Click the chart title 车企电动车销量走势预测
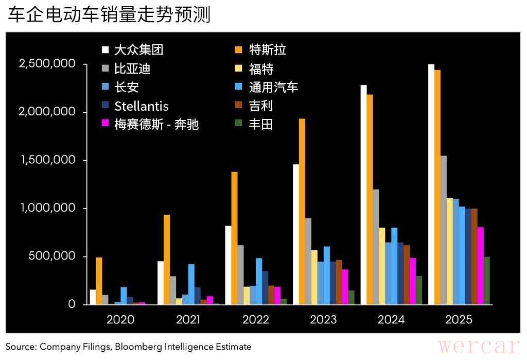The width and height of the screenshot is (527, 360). pyautogui.click(x=109, y=15)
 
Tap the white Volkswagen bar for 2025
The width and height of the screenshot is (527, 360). pyautogui.click(x=431, y=184)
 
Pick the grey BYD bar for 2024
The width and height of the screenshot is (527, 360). pyautogui.click(x=376, y=247)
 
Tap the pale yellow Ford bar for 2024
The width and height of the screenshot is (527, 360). pyautogui.click(x=382, y=266)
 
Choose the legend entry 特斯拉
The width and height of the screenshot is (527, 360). pyautogui.click(x=267, y=49)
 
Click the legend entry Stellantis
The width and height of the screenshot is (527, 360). pyautogui.click(x=141, y=106)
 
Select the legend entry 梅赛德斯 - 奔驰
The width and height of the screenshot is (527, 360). pyautogui.click(x=156, y=124)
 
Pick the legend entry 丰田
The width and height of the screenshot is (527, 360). pyautogui.click(x=260, y=124)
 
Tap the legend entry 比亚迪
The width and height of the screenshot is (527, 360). pyautogui.click(x=132, y=68)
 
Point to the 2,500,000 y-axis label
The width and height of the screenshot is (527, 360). pyautogui.click(x=47, y=64)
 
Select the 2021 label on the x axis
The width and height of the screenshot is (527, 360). pyautogui.click(x=188, y=319)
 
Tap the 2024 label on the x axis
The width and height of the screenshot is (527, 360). pyautogui.click(x=391, y=319)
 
